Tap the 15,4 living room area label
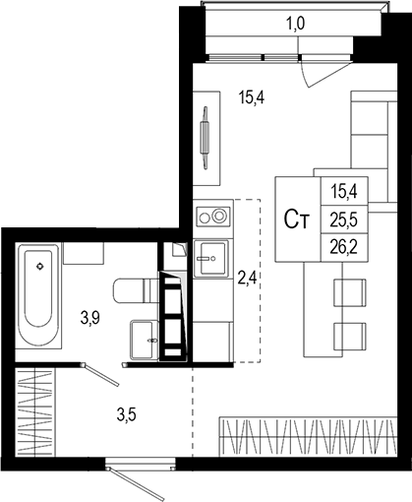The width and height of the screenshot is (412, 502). [x=253, y=96]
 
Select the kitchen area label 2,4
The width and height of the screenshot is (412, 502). [x=247, y=277]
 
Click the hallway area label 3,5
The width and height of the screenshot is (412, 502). [x=126, y=413]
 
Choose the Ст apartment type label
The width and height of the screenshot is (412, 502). [x=298, y=220]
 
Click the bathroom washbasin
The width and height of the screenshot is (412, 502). [x=143, y=337]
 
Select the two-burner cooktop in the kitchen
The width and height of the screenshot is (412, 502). [x=212, y=214]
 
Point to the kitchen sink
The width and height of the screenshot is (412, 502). [x=210, y=260]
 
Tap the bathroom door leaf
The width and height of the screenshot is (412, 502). [x=102, y=376]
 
